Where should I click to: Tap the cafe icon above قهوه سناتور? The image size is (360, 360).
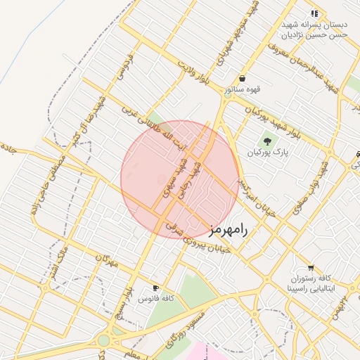point(242,79)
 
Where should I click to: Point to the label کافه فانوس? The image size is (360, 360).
point(156,299)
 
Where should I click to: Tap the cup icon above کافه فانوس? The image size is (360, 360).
point(155,288)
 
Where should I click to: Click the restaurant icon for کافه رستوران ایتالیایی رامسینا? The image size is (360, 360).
point(311,269)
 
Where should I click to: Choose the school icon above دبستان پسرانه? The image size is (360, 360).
point(315,13)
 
